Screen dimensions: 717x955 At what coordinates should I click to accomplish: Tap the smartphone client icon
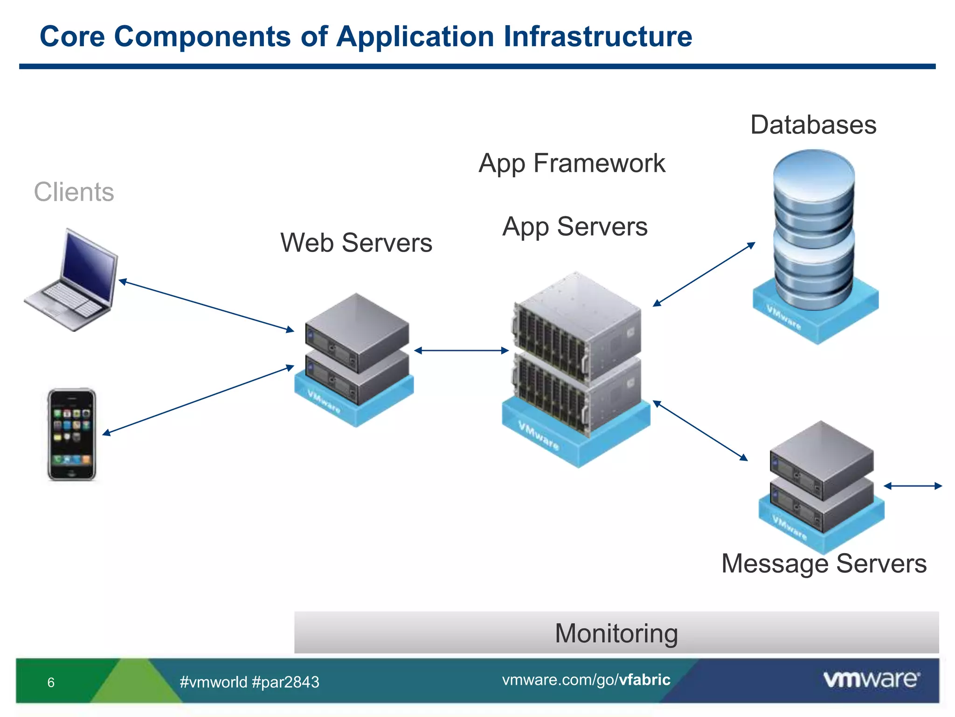71,434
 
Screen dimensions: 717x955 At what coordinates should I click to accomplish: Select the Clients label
74,192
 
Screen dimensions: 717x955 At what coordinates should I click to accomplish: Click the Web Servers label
356,243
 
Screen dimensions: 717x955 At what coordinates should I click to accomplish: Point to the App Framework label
572,163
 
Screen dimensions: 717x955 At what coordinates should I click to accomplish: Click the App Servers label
575,227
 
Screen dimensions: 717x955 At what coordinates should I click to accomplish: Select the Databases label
813,125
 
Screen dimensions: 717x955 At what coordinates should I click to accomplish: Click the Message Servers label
824,563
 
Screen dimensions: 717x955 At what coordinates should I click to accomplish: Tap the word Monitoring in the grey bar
616,633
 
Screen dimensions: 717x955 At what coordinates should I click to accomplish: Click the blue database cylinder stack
814,229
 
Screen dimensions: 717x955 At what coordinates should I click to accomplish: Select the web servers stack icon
356,355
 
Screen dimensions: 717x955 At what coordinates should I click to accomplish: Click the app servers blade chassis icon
577,359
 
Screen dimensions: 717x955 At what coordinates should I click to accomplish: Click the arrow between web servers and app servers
461,351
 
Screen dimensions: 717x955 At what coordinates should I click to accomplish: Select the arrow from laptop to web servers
207,305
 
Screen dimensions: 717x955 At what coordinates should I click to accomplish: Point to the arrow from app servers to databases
704,274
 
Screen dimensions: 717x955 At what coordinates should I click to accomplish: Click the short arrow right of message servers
913,486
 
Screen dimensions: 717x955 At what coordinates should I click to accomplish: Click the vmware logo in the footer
871,680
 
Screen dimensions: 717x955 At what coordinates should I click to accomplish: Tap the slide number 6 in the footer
51,682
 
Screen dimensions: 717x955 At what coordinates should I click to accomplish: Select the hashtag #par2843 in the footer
285,682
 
